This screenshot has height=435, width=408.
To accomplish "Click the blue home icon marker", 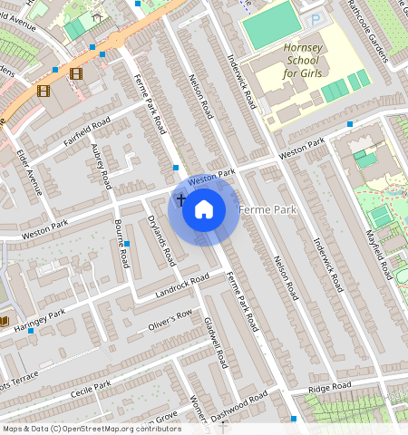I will (x=204, y=209).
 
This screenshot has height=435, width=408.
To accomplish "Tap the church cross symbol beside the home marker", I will (x=180, y=199).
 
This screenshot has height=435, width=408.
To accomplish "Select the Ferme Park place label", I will (x=267, y=210).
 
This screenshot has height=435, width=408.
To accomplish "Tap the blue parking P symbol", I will (x=315, y=20).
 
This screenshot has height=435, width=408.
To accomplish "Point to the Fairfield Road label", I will (x=87, y=130).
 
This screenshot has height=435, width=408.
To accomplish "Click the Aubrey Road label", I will (x=100, y=165).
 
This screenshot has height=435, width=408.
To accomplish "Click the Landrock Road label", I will (x=182, y=285).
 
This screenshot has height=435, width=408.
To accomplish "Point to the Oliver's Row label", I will (x=171, y=319).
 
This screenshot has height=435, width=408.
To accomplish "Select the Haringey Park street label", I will (x=45, y=318).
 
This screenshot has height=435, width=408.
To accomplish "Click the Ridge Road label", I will (x=329, y=388).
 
